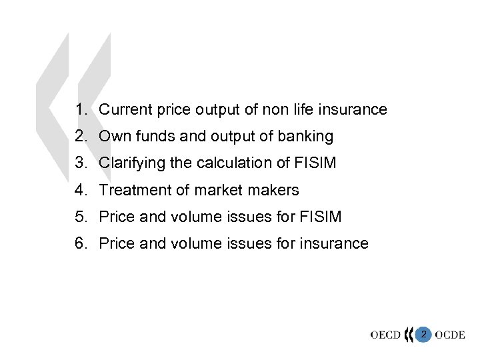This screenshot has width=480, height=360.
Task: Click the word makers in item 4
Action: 275,190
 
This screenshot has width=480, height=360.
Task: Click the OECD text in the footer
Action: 386,335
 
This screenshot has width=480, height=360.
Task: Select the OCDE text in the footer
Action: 450,335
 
